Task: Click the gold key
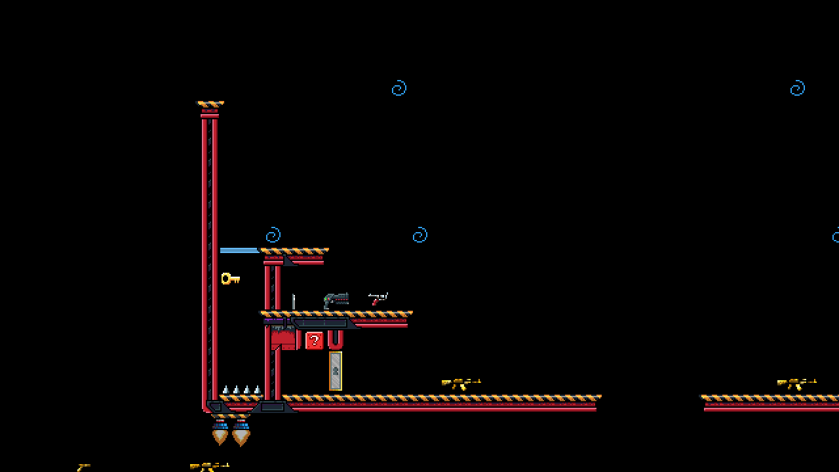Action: tap(230, 279)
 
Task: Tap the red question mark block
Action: tap(315, 340)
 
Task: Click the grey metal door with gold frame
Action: tap(335, 371)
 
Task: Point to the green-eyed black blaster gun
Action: tap(336, 300)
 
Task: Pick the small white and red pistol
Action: tap(378, 299)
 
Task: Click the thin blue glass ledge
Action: tap(239, 250)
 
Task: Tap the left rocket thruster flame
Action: tap(220, 434)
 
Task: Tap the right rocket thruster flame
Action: tap(241, 434)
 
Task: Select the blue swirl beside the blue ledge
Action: tap(273, 235)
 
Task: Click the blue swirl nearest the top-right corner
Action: tap(797, 88)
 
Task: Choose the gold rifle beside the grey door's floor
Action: tap(461, 383)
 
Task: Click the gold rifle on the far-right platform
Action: tap(796, 383)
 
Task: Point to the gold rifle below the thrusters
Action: tap(209, 467)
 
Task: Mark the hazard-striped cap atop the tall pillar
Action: tap(210, 104)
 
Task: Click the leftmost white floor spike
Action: tap(226, 390)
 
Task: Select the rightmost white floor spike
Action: tap(257, 390)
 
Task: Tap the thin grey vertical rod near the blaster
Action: tap(294, 302)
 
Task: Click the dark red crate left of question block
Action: tap(283, 340)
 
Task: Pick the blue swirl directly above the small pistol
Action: tap(420, 235)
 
